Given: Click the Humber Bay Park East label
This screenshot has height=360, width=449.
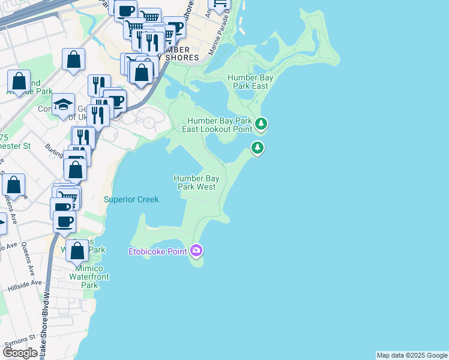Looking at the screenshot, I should point(247,81).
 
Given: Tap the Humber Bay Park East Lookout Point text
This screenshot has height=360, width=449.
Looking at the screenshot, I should point(219,124).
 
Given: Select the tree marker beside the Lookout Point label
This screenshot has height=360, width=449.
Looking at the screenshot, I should point(261,124).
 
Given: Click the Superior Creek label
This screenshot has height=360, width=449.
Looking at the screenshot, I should point(131,199).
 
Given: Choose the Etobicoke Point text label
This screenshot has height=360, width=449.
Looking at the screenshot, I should point(157,251).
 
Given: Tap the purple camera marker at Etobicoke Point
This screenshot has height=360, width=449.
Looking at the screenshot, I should point(196,250).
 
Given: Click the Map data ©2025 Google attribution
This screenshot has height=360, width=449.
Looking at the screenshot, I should point(412,355).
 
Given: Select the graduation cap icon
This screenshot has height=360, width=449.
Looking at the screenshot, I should point(63,104).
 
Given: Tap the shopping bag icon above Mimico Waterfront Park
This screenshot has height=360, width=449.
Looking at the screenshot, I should point(77,250).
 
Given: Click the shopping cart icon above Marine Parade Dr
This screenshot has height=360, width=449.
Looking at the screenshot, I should point(220,5).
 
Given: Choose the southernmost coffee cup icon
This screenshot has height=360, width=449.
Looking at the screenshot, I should point(64,221).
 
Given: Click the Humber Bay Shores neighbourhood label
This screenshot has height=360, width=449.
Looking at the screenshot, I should point(178,53).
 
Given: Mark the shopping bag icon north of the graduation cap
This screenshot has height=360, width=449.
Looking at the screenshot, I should point(73,59).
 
